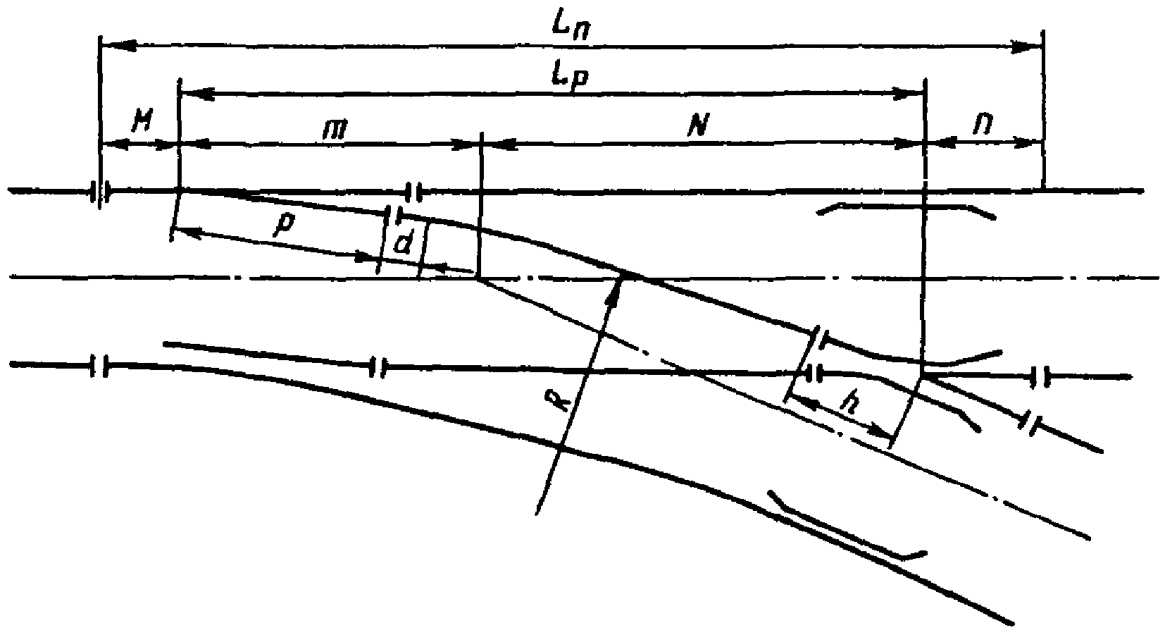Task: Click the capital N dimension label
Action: click(697, 127)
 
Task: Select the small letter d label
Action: click(403, 244)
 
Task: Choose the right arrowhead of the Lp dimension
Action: click(913, 92)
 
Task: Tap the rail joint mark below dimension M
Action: click(101, 190)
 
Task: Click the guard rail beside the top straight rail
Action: click(905, 209)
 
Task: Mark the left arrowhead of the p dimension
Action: click(182, 230)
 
